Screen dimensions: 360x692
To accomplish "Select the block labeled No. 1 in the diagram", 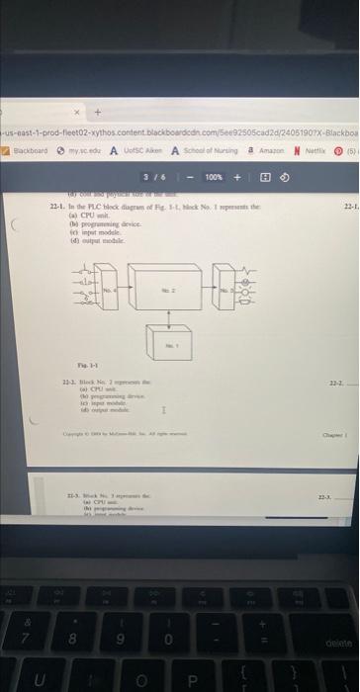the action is (x=169, y=347).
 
